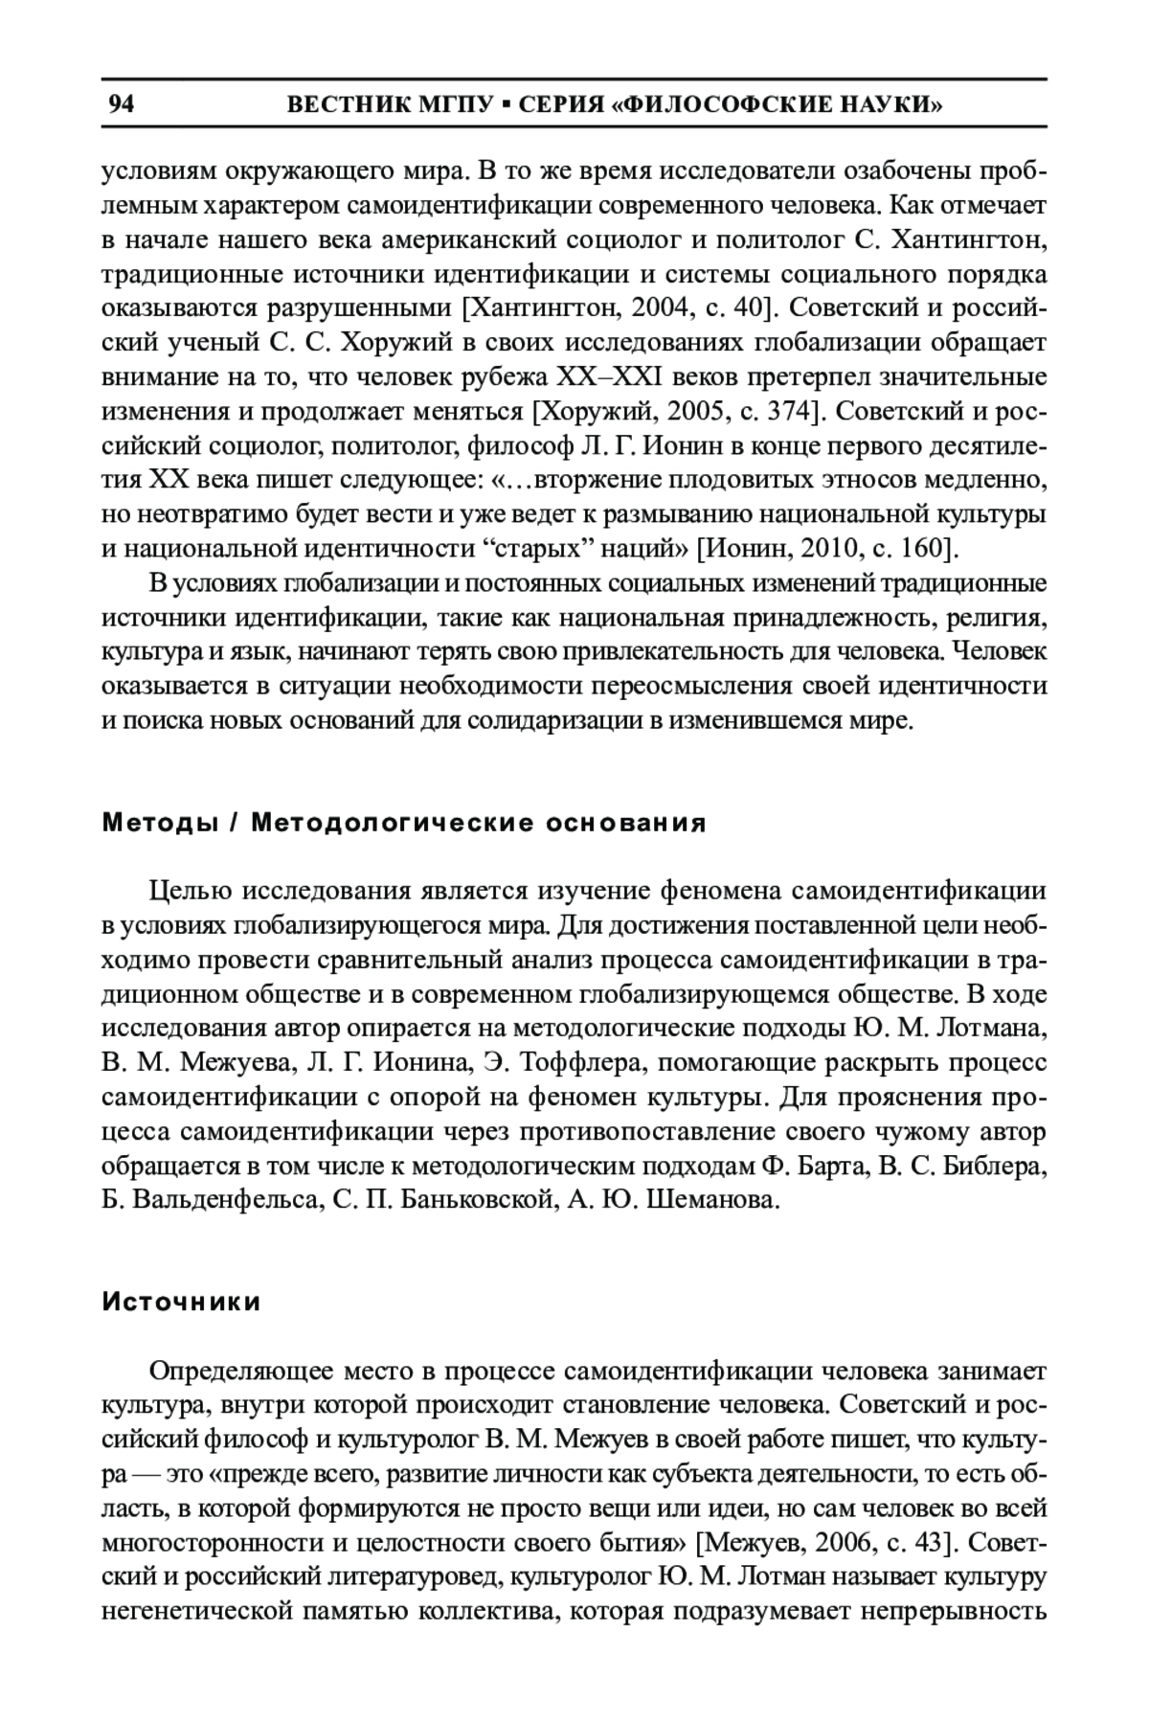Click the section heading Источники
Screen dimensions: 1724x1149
(x=182, y=1303)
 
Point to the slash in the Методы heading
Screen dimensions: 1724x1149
(x=234, y=824)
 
